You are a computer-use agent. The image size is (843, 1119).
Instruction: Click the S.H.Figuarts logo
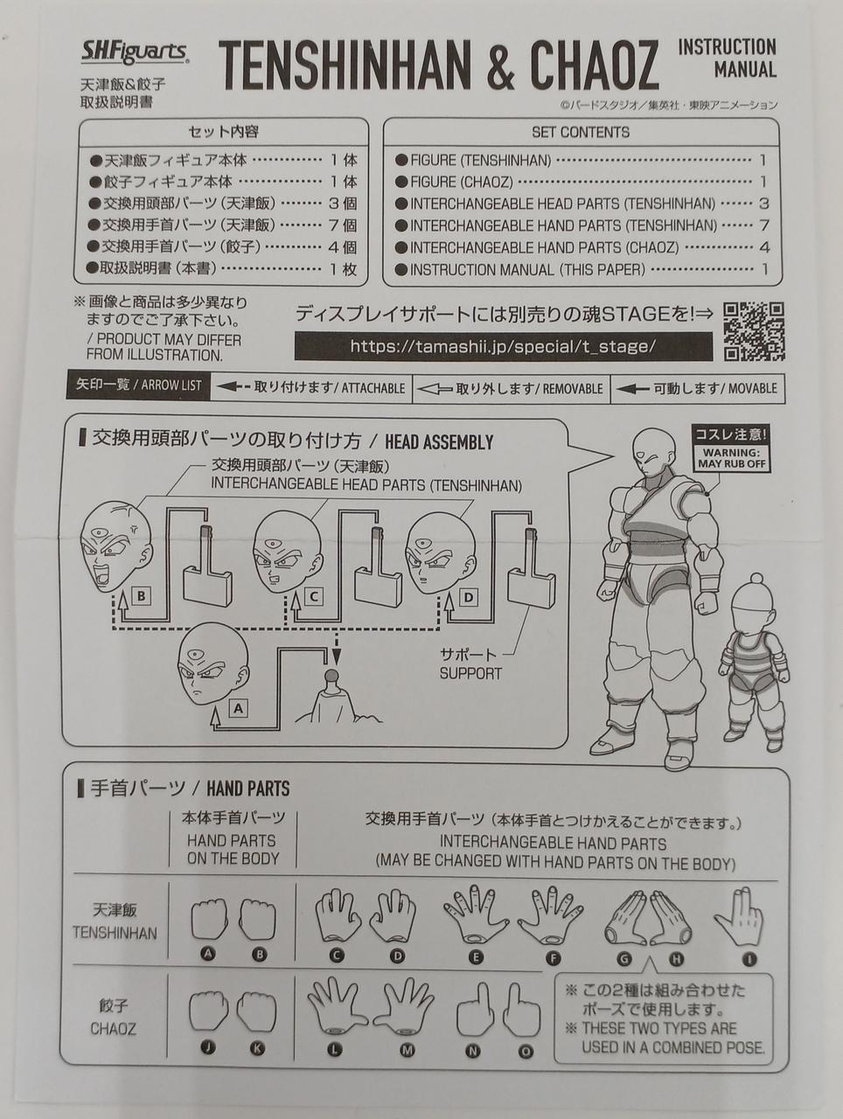coord(135,52)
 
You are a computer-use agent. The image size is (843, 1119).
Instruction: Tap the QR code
coord(755,332)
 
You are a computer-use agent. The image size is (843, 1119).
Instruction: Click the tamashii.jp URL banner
coord(503,347)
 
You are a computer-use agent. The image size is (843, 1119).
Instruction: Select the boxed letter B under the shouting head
coord(142,595)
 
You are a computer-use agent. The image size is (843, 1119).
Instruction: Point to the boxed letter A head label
coord(238,709)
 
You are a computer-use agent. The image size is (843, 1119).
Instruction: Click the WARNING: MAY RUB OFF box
coord(731,458)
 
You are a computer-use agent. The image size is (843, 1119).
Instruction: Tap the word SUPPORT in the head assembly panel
coord(470,674)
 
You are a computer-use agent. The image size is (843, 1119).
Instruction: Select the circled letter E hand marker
coord(476,958)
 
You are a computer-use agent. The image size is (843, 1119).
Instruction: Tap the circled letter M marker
coord(407,1050)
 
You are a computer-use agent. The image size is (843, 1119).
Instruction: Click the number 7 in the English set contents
coord(764,226)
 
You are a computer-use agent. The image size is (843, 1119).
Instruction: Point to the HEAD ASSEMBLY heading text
coord(439,442)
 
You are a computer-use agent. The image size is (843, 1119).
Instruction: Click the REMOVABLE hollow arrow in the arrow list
coord(434,390)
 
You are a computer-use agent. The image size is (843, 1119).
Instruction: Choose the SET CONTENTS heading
coord(581,133)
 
